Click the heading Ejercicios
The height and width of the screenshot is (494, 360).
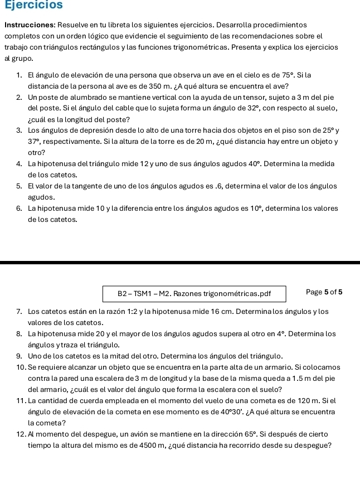pos(34,5)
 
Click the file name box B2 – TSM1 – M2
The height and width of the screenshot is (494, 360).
pos(194,293)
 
